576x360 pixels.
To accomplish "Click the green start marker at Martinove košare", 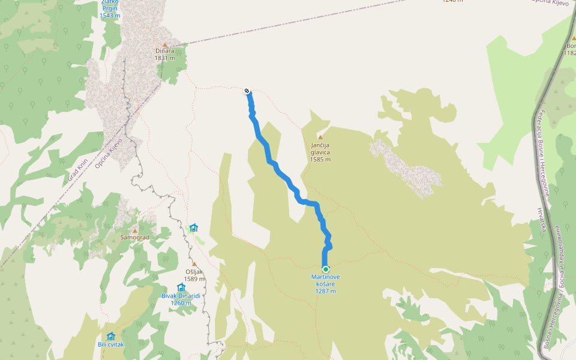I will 325,269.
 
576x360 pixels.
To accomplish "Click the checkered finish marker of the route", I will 247,91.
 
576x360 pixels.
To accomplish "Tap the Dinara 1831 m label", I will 164,55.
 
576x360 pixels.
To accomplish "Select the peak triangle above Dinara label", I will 164,44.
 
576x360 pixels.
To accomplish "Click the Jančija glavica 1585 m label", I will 320,152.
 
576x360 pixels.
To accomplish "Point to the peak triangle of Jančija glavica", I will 320,137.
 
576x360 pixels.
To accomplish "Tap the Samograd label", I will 134,238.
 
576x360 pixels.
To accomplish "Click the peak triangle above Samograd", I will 134,230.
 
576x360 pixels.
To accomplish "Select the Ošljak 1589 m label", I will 194,275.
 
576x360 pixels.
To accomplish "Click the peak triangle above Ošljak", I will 194,264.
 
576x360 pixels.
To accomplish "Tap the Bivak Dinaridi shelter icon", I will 181,287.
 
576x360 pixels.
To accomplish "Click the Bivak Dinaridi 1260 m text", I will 181,299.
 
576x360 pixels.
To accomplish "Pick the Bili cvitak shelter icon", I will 110,337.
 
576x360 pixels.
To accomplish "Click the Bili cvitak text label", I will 110,345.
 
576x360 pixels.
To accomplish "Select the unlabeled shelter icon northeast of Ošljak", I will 193,227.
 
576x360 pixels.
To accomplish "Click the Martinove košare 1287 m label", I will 325,284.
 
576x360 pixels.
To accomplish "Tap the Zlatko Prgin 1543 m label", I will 110,9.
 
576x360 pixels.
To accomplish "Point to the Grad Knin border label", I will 78,170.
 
